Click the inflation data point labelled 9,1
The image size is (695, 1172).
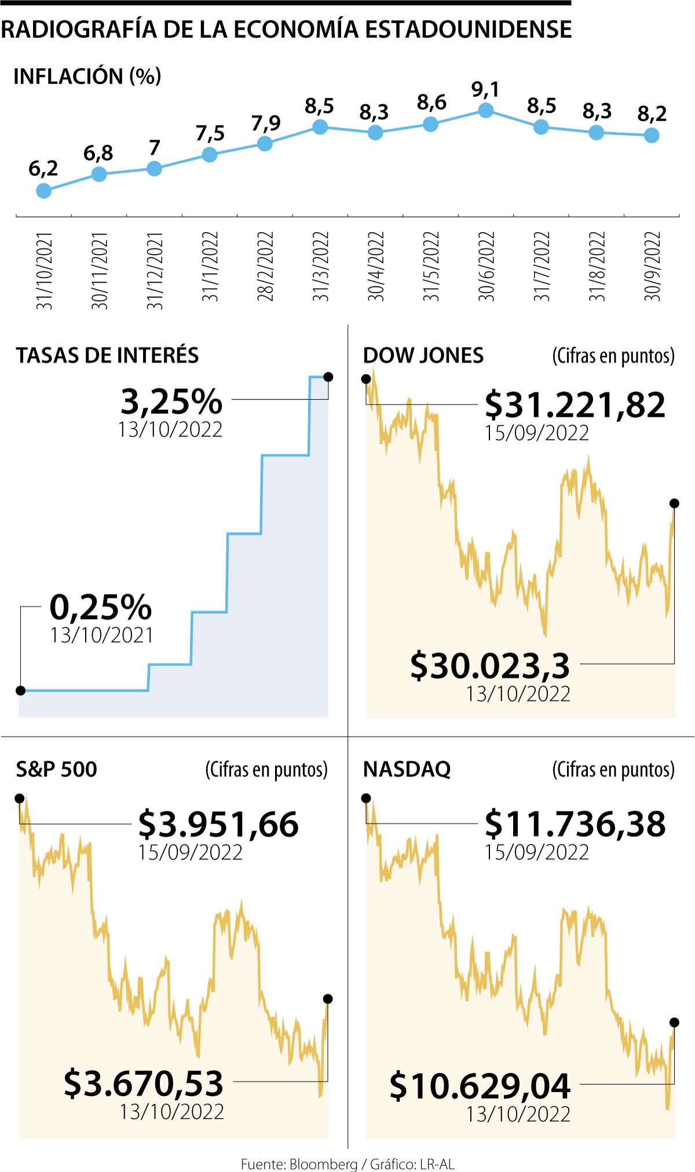click(x=485, y=110)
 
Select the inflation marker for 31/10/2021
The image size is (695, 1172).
click(x=43, y=191)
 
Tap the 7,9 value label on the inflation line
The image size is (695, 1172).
click(x=266, y=123)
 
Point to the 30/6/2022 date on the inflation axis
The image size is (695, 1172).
click(x=486, y=266)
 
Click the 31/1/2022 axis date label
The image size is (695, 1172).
click(x=210, y=266)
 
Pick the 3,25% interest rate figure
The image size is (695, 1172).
click(x=171, y=401)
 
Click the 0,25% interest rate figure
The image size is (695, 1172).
click(x=101, y=607)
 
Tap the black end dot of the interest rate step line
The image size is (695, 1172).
click(x=328, y=377)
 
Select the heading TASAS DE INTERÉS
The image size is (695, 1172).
click(x=107, y=355)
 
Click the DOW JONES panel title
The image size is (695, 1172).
click(x=423, y=355)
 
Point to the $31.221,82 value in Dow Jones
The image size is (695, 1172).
click(x=575, y=405)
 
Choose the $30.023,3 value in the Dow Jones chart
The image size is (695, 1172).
click(x=490, y=666)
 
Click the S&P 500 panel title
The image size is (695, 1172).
click(x=56, y=769)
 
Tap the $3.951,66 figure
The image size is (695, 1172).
click(x=218, y=824)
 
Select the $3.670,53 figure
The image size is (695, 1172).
click(x=144, y=1083)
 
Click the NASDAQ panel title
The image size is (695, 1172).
click(x=407, y=769)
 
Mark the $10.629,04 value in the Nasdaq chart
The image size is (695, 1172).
click(x=480, y=1086)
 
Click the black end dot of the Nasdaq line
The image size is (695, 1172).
click(x=674, y=1022)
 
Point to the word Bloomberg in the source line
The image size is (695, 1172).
click(x=323, y=1163)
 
